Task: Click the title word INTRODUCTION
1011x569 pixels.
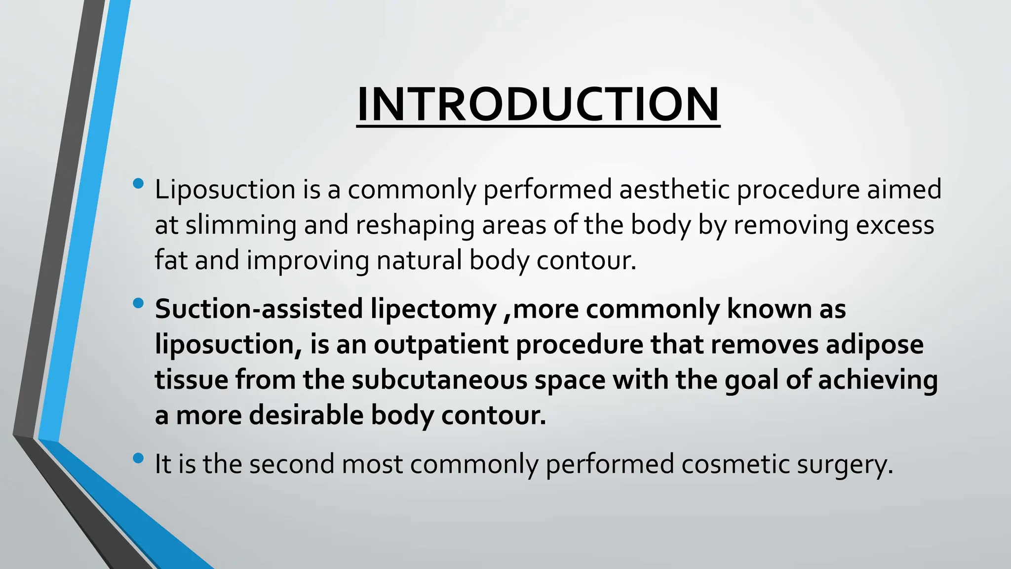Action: (x=538, y=105)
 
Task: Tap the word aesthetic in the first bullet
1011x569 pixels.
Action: (x=674, y=190)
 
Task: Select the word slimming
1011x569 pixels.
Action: (x=241, y=225)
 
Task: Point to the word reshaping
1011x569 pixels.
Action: (x=415, y=225)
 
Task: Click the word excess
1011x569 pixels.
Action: (x=894, y=225)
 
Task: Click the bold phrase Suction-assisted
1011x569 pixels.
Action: (x=259, y=309)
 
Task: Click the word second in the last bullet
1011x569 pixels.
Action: (x=292, y=464)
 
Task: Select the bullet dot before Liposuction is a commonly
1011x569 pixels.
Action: (x=138, y=184)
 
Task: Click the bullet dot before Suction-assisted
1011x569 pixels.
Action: (x=138, y=303)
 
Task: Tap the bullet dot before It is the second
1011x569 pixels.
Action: (x=138, y=458)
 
